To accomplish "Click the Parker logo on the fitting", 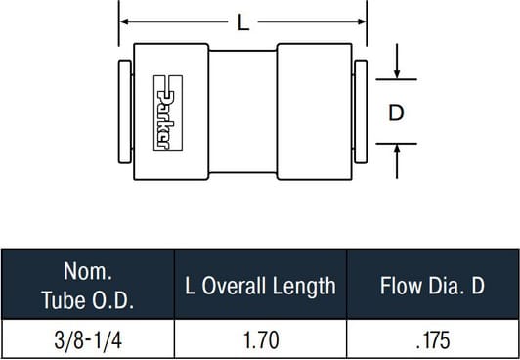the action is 168,112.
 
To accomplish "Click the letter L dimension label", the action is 243,22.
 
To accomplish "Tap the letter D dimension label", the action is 396,112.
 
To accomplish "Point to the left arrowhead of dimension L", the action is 124,22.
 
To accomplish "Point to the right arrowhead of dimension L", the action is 362,22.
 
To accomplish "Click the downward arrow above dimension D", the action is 397,62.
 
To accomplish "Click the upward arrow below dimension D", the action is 397,161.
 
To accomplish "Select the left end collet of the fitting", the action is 125,112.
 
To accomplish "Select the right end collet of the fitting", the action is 361,112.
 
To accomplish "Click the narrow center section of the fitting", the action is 242,112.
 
